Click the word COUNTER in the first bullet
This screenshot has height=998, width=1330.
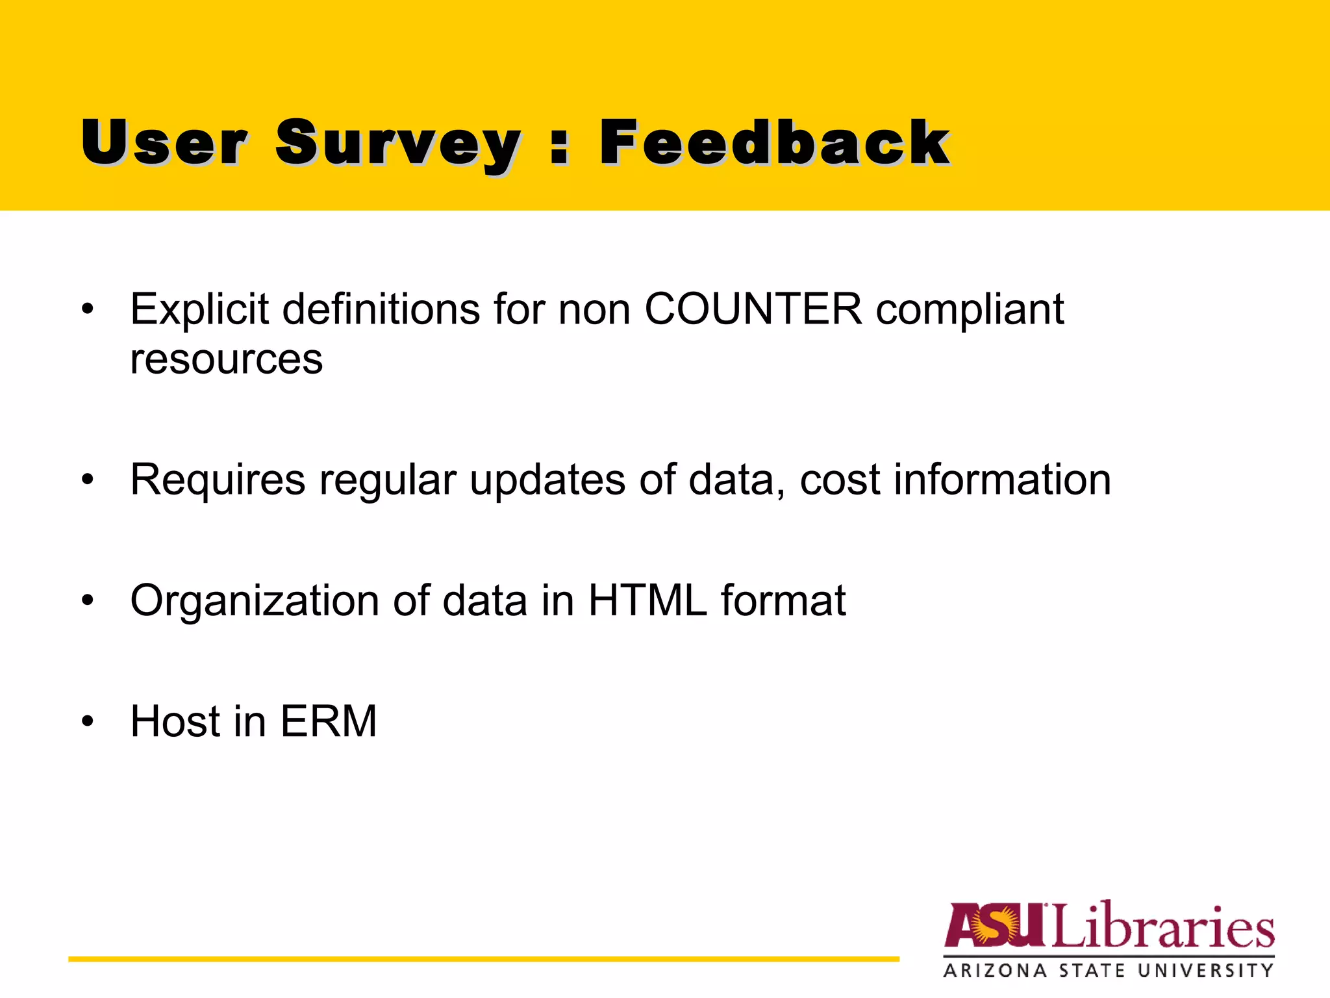[x=753, y=309]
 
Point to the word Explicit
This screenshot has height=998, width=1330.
[x=199, y=309]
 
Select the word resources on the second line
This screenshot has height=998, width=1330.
[x=226, y=360]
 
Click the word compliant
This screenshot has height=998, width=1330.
[x=970, y=311]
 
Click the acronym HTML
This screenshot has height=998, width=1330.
[x=647, y=600]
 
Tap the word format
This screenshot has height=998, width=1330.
[x=783, y=600]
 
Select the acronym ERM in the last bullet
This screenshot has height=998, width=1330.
[x=329, y=721]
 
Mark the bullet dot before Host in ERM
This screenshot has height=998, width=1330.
[x=88, y=721]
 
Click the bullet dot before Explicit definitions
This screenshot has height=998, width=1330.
[x=88, y=309]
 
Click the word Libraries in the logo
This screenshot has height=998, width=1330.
[x=1162, y=926]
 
